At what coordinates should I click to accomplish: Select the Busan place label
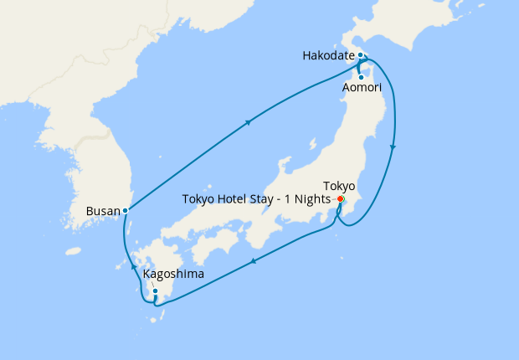pos(103,211)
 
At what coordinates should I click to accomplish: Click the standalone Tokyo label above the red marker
pos(340,186)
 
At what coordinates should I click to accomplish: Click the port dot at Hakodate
pos(360,56)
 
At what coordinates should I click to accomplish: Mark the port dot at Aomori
pos(360,77)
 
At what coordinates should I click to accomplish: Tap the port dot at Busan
pos(125,210)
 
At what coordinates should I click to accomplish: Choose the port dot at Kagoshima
pos(155,291)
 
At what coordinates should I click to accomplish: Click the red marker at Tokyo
pos(341,199)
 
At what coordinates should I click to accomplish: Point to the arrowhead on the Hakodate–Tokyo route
pos(393,147)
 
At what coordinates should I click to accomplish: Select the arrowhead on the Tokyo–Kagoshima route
pos(253,261)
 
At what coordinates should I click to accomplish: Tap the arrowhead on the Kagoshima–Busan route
pos(133,268)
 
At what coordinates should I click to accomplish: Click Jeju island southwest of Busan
pos(74,250)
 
